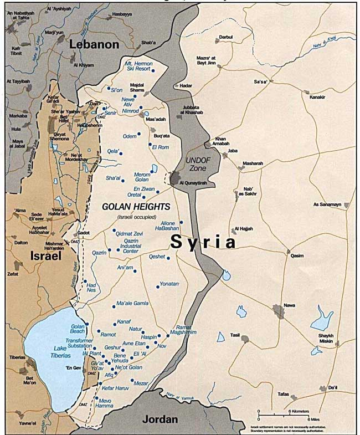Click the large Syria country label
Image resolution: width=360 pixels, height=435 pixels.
click(x=203, y=242)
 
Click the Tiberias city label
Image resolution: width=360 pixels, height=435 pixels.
click(x=17, y=357)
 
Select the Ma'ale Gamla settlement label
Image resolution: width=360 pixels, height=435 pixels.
click(x=132, y=304)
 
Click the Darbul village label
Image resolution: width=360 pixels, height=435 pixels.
click(x=225, y=37)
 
